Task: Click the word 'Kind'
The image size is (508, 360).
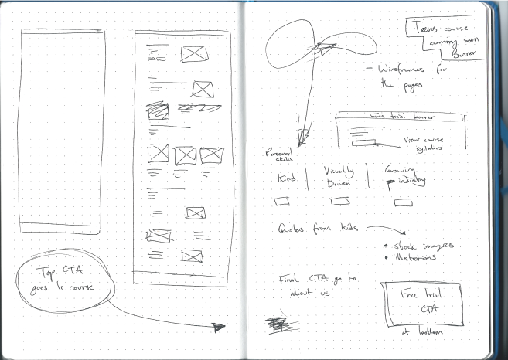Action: point(285,179)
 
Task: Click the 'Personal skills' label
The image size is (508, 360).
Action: point(276,155)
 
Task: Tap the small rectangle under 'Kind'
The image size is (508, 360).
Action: point(282,201)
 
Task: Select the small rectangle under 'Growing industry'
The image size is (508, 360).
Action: point(403,202)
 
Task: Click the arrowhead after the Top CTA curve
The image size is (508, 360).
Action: point(217,327)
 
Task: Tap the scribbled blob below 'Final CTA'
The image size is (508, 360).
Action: point(276,324)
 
